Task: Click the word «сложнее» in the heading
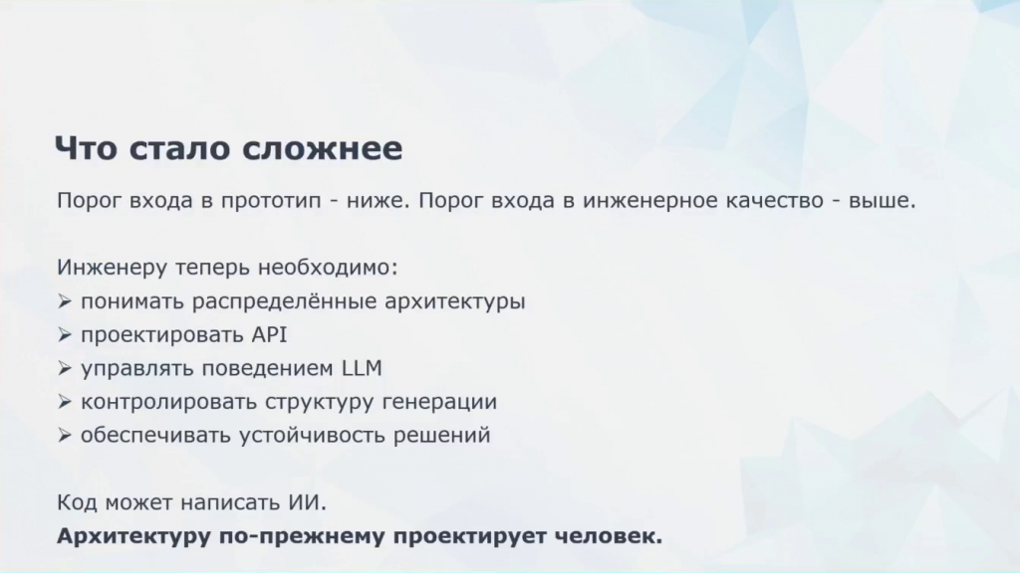(323, 148)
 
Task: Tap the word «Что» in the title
(87, 148)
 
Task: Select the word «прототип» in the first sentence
(271, 201)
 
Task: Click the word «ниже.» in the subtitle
(378, 200)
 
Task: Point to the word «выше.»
(883, 200)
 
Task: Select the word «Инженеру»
(112, 267)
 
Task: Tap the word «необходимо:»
(328, 267)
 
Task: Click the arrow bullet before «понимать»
(65, 301)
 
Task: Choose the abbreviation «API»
(269, 334)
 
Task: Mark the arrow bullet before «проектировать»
(65, 335)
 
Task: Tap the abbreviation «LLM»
(362, 368)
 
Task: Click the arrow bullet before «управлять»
(65, 368)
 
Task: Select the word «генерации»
(439, 402)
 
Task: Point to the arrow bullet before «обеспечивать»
(65, 436)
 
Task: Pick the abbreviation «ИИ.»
(308, 502)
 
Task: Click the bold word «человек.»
(609, 536)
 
